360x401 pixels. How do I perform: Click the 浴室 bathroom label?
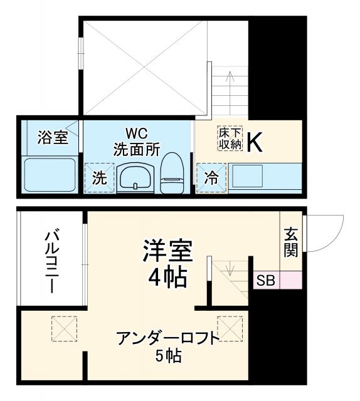(52, 137)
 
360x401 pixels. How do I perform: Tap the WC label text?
(136, 133)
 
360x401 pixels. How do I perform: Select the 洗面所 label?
(136, 149)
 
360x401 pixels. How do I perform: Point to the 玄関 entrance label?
(290, 242)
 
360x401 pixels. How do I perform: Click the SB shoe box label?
(265, 281)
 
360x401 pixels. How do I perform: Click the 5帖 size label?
(169, 357)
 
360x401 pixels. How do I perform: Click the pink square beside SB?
(289, 281)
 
